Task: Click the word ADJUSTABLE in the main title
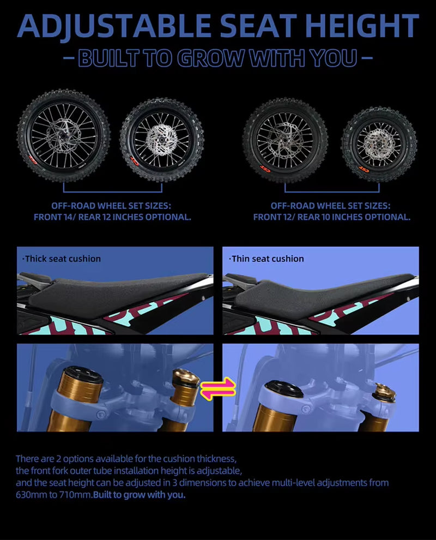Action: pyautogui.click(x=114, y=26)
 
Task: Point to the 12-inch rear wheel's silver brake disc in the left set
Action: pyautogui.click(x=162, y=140)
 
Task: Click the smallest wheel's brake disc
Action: pyautogui.click(x=379, y=143)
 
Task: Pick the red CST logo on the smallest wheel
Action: pyautogui.click(x=364, y=169)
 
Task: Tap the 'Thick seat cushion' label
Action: pyautogui.click(x=62, y=259)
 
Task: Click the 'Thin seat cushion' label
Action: pyautogui.click(x=267, y=259)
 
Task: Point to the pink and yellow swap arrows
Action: pyautogui.click(x=218, y=389)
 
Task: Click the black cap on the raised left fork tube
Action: pyautogui.click(x=83, y=373)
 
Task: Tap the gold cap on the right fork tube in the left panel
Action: pyautogui.click(x=186, y=377)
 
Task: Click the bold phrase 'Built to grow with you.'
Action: pyautogui.click(x=140, y=495)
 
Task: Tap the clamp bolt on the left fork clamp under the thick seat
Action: pyautogui.click(x=100, y=415)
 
